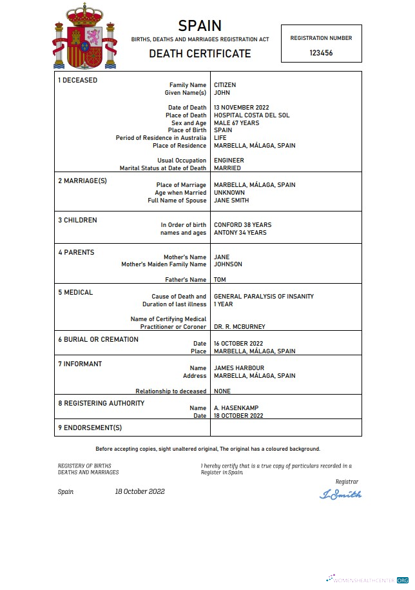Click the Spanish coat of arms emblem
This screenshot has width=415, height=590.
pos(85,37)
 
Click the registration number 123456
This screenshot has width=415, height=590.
pos(321,53)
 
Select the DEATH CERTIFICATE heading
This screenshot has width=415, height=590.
pos(200,54)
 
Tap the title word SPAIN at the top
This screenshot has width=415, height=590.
pos(200,26)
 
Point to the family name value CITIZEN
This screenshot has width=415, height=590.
pos(225,85)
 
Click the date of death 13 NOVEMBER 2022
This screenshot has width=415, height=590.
pos(241,108)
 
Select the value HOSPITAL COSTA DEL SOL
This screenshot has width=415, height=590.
pos(251,115)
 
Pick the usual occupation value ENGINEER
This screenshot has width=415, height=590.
pos(229,161)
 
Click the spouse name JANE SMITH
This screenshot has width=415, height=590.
pos(231,201)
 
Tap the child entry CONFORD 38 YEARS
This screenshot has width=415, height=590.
pos(242,225)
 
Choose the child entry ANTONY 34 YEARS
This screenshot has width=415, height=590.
pos(240,233)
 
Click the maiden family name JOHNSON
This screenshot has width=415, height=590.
pos(228,264)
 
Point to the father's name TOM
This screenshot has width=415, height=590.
pos(220,280)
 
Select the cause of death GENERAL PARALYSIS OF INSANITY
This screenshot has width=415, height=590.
pos(264,297)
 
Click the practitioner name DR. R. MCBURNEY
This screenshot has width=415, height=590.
pos(239,327)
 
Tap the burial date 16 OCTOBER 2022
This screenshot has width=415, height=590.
pos(238,344)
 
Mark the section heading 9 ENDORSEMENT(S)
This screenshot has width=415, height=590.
pos(90,428)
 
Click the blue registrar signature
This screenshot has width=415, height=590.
pos(341,495)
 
